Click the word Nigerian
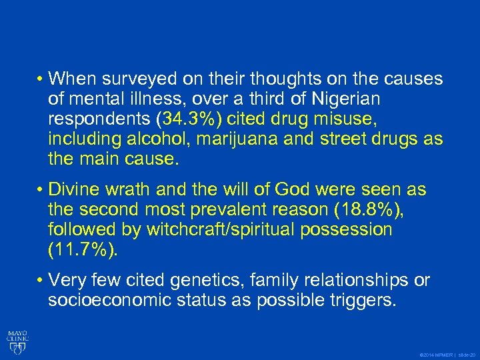coord(345,99)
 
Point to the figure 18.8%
coord(365,210)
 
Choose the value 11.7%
coord(83,250)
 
